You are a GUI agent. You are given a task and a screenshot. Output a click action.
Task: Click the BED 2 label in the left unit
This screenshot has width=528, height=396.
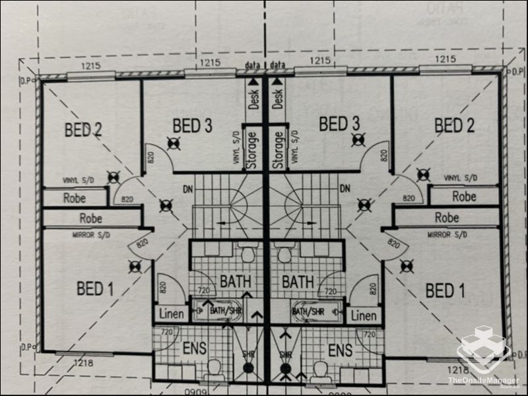coord(83,129)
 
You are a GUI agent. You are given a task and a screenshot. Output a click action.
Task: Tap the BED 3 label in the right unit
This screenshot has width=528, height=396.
coord(339,123)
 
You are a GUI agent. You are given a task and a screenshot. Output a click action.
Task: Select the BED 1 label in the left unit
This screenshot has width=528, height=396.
coord(95,288)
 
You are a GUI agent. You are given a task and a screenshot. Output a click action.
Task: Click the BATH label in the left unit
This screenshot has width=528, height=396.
coord(236,282)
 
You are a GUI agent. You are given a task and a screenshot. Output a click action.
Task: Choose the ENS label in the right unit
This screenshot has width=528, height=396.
coord(340,349)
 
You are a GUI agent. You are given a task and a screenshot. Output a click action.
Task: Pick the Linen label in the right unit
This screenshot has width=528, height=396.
coord(364,315)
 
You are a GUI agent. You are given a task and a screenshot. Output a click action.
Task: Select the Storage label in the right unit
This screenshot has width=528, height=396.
coord(278,150)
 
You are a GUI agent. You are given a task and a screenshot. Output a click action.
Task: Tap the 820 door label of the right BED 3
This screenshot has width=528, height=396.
coord(383,156)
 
